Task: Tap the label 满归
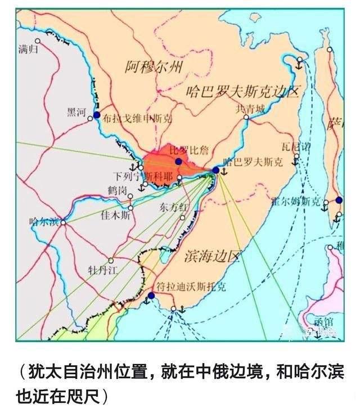coord(27,50)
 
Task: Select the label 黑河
coord(76,111)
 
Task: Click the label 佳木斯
coord(115,214)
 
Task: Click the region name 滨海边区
coord(211,257)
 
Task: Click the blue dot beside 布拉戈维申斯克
coord(96,115)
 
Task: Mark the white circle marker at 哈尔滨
coord(63,222)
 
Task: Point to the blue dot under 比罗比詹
coord(178,162)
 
